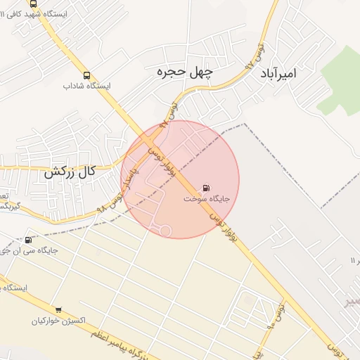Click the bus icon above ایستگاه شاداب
(86, 75)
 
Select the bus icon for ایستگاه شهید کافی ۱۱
(34, 4)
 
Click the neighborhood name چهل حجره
(185, 72)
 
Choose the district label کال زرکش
(69, 171)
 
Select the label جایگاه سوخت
(207, 199)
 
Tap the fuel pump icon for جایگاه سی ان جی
(28, 240)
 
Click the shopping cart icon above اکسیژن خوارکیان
(58, 309)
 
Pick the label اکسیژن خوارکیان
(58, 321)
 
